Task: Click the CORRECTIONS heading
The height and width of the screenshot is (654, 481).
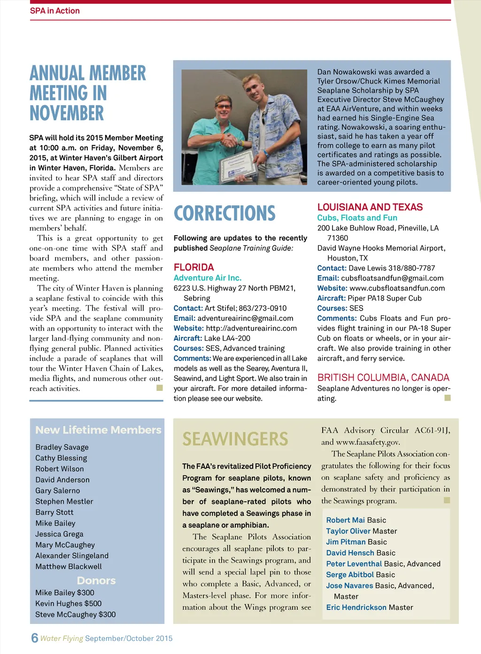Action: [225, 213]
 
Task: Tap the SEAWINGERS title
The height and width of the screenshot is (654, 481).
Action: [235, 439]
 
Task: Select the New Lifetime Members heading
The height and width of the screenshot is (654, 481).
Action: [98, 430]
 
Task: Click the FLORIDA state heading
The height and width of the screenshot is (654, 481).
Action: [194, 267]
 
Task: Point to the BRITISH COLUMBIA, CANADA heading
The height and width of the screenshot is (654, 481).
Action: [383, 378]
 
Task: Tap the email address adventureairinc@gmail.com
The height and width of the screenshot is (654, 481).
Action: [245, 319]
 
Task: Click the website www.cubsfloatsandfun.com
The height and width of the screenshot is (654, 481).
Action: [397, 288]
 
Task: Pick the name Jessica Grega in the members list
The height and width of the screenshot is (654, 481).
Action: [59, 534]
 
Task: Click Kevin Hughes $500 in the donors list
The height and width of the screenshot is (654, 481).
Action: [68, 604]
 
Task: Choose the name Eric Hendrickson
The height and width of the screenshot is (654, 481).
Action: [357, 607]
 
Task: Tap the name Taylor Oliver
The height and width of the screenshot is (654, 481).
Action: [348, 531]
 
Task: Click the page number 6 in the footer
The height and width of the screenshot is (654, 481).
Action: [34, 638]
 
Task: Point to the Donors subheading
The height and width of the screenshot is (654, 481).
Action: [96, 581]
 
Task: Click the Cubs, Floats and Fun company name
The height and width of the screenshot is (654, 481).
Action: [357, 218]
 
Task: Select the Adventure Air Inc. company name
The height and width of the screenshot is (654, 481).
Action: [207, 278]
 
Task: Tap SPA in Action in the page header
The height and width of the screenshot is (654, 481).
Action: [54, 11]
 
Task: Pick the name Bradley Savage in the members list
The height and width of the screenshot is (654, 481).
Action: [62, 447]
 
